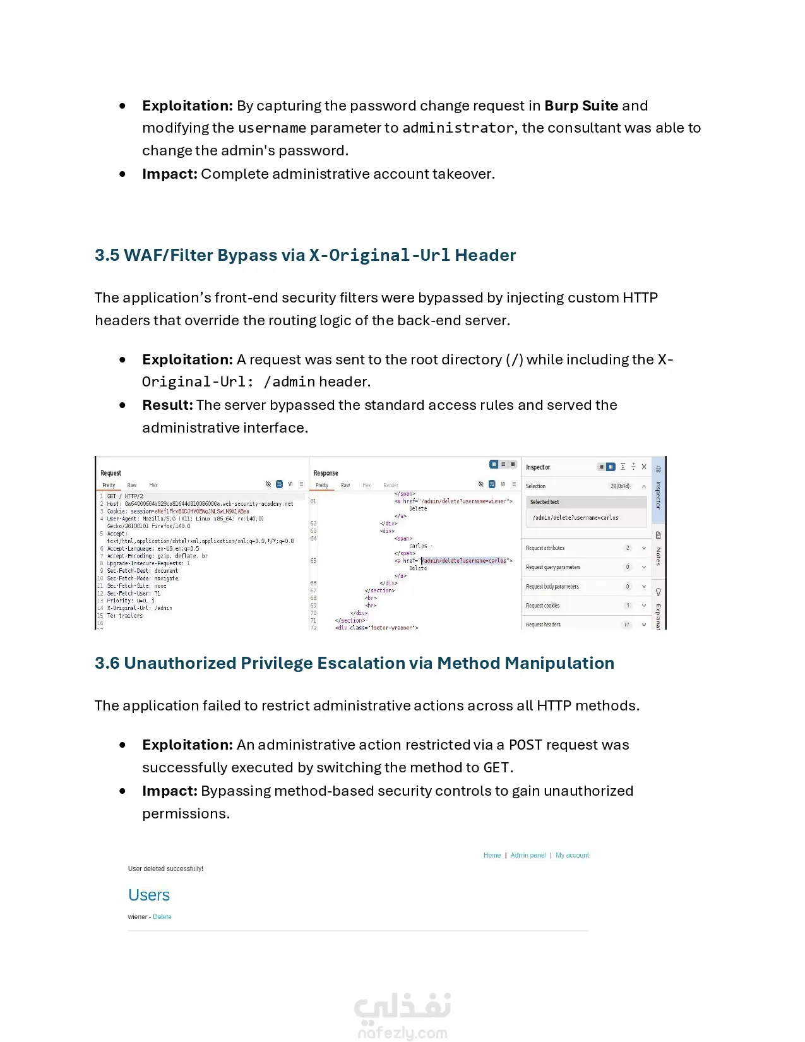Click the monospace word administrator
[x=458, y=128]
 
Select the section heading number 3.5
[x=107, y=255]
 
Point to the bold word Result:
[x=167, y=405]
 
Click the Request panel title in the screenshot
[x=110, y=473]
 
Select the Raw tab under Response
[x=345, y=485]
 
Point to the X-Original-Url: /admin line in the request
[x=139, y=608]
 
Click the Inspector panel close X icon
[x=644, y=467]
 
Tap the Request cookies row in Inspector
[x=542, y=606]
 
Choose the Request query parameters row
[x=552, y=567]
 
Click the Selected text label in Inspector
[x=544, y=502]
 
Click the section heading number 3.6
[x=107, y=663]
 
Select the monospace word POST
[x=525, y=745]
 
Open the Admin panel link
[x=528, y=855]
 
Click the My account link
[x=572, y=855]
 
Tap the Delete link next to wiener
[x=162, y=916]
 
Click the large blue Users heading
[x=149, y=895]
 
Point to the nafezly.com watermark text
[x=402, y=1033]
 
